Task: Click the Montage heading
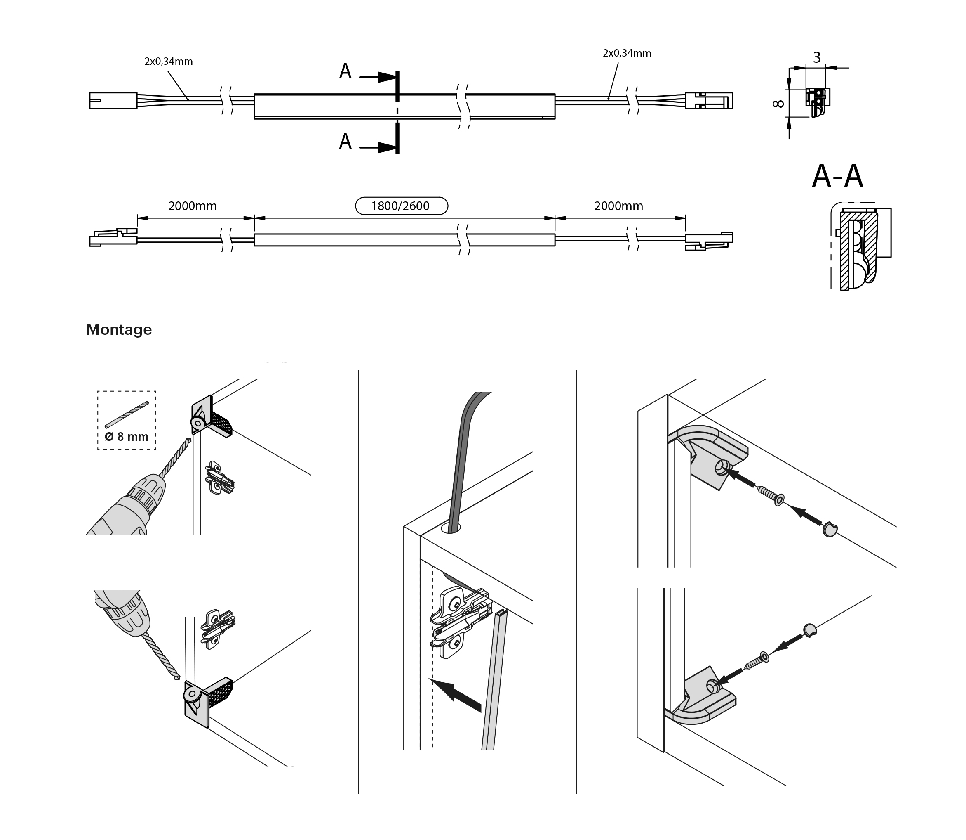point(119,329)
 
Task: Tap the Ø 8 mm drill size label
point(127,436)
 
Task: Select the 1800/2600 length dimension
point(401,206)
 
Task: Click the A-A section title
point(837,177)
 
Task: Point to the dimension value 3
point(817,58)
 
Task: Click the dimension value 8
point(778,103)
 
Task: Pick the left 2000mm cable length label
point(193,206)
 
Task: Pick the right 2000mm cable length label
point(618,206)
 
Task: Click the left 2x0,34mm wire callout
point(168,62)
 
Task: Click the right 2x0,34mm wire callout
point(627,53)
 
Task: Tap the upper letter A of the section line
point(345,72)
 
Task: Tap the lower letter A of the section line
point(345,142)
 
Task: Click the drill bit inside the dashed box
point(127,414)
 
